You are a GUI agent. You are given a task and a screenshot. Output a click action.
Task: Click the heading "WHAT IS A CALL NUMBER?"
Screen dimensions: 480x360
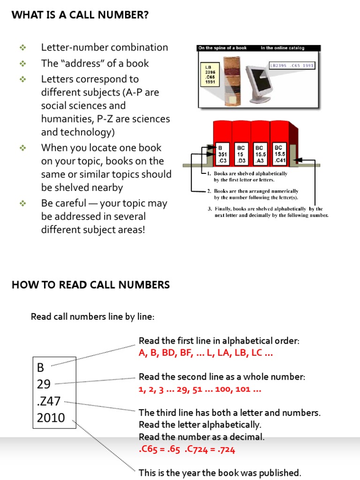click(80, 15)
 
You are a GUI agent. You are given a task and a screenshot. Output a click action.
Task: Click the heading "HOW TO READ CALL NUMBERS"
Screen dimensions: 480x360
click(90, 285)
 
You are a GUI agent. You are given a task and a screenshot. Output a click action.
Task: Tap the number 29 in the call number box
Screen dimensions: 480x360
click(44, 384)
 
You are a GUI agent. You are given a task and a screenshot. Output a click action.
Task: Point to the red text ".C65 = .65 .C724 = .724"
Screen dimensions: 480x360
click(187, 450)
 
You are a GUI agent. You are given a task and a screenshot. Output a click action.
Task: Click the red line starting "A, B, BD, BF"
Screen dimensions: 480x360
click(206, 353)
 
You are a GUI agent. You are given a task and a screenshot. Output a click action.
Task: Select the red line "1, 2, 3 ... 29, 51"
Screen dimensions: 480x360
click(200, 389)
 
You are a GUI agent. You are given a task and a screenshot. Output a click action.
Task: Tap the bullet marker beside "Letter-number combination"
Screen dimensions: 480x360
click(22, 47)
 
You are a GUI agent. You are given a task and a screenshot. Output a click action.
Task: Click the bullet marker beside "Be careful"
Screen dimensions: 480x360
click(22, 203)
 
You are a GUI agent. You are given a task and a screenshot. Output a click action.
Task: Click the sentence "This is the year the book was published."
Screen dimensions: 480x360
click(220, 472)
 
